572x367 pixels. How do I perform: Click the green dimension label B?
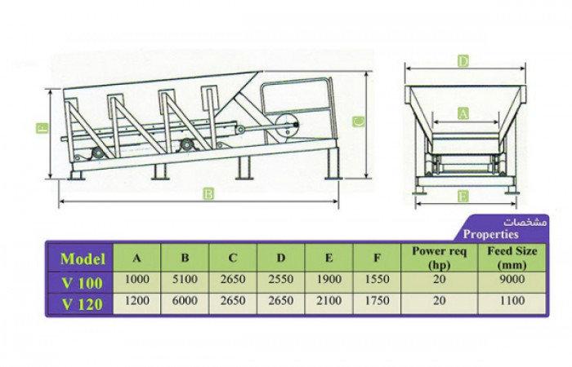coord(208,194)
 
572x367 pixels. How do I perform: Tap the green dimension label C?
coord(359,122)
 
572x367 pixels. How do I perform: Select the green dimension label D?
coord(463,61)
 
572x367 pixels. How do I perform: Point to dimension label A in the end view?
coord(463,114)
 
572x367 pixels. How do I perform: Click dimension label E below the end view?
coord(463,197)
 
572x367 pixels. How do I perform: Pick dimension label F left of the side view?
coord(42,128)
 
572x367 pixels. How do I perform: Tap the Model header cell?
coord(83,259)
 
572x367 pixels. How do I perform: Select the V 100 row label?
coord(83,283)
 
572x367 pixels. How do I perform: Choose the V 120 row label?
coord(83,304)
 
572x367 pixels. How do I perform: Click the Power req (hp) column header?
coord(440,258)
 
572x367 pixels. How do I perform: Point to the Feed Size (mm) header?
coord(512,258)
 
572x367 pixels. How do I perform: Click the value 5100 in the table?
coord(185,279)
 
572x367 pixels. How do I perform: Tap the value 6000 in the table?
coord(185,300)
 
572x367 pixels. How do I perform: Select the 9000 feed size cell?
coord(512,279)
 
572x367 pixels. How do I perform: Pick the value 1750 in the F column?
coord(377,300)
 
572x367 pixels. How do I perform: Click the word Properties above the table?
coord(490,234)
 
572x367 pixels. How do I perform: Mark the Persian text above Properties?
coord(525,222)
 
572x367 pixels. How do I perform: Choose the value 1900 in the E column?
coord(329,279)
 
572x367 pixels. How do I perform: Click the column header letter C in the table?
coord(233,258)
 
